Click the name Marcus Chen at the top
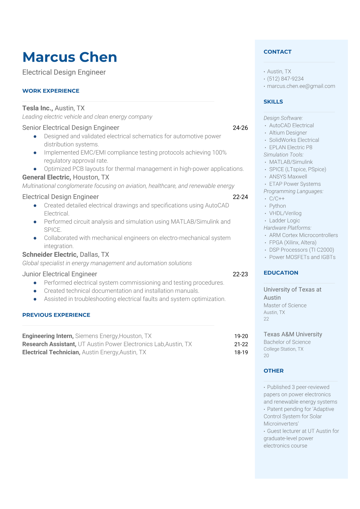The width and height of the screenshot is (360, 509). click(70, 57)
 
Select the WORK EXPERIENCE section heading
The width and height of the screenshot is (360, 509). click(51, 91)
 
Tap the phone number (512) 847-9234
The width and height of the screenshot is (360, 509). click(285, 79)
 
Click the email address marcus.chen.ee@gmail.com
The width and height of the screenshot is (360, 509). click(301, 86)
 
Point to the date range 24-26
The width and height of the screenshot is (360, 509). click(240, 128)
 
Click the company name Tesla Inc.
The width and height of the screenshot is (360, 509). click(38, 108)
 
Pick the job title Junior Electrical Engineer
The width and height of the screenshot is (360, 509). click(60, 274)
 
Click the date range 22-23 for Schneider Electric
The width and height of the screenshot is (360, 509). click(240, 274)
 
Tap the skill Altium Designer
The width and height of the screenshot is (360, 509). click(288, 132)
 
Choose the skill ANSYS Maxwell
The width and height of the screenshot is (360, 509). click(288, 177)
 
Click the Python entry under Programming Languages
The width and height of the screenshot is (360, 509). click(277, 206)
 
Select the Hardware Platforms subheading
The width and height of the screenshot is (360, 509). click(287, 228)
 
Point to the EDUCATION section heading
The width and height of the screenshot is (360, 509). click(281, 273)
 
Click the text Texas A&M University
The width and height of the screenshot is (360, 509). click(293, 334)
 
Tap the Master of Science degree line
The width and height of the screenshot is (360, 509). click(285, 305)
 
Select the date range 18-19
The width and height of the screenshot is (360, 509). click(241, 352)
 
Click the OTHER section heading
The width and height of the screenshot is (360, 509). click(273, 371)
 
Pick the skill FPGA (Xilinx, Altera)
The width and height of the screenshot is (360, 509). click(293, 243)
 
